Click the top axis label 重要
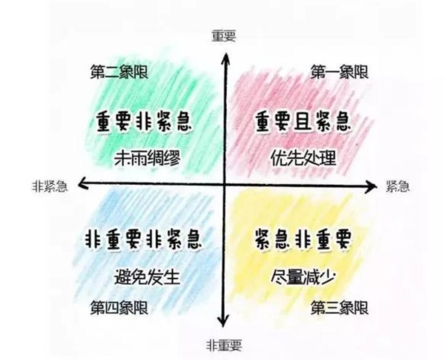(224, 36)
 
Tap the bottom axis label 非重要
(224, 345)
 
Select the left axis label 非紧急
(50, 186)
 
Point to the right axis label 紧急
(398, 186)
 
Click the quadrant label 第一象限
(340, 71)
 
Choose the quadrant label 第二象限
(119, 71)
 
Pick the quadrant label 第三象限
(340, 308)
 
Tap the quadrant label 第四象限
(119, 308)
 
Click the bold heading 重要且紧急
(303, 122)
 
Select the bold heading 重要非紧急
(144, 122)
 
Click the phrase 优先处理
(303, 158)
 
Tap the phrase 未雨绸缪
(148, 158)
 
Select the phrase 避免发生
(148, 277)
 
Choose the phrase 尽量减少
(303, 277)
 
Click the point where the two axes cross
(225, 185)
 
